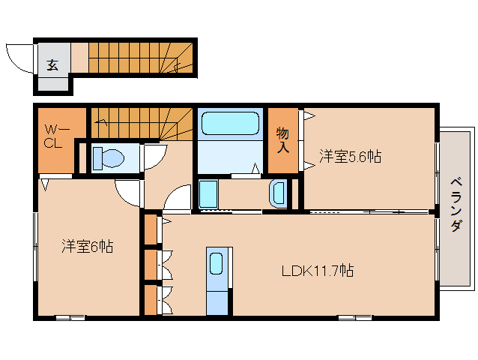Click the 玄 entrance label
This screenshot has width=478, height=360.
53,65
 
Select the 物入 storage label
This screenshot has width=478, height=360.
283,140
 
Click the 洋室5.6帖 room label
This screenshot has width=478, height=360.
351,157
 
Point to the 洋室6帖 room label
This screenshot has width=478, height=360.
87,246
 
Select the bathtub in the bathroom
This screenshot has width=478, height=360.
230,122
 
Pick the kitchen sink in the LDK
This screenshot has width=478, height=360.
216,264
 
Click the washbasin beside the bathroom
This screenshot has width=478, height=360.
276,193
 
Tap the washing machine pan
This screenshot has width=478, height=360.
208,193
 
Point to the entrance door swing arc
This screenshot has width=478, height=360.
19,58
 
